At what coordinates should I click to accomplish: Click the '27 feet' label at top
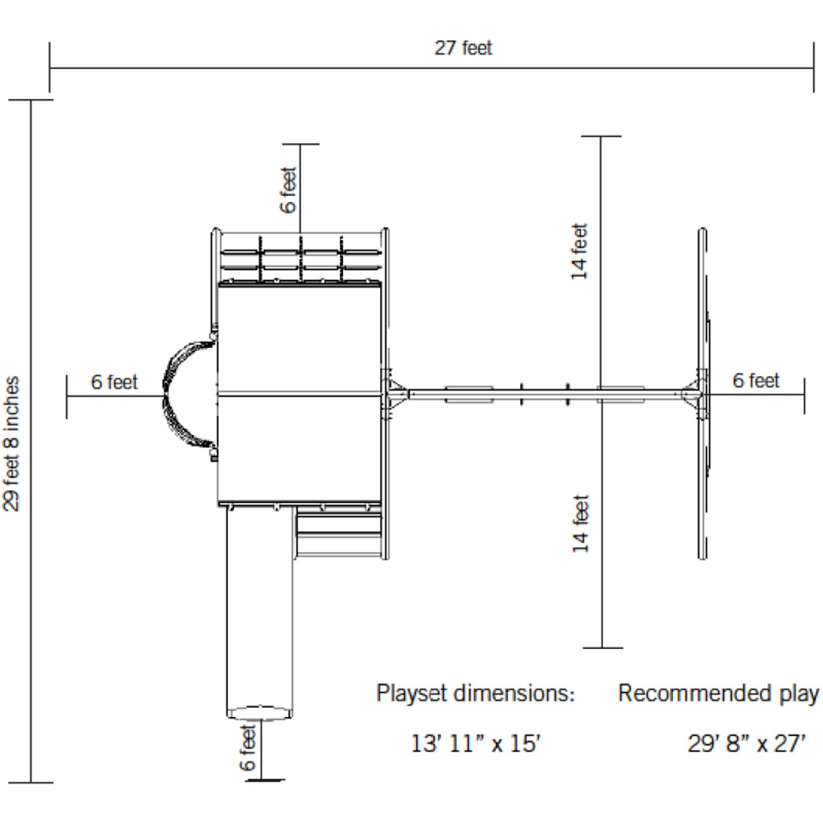(463, 48)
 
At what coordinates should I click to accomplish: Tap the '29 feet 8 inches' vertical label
(12, 444)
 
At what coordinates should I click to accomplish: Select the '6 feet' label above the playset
(288, 190)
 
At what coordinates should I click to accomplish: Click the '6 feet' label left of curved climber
(114, 382)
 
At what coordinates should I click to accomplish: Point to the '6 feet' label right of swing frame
(756, 380)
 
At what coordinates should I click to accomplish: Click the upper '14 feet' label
(579, 252)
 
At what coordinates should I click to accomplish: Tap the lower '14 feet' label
(580, 523)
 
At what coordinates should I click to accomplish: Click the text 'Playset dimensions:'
(475, 693)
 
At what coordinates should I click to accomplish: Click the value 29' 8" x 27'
(746, 744)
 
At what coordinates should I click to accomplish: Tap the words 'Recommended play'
(718, 693)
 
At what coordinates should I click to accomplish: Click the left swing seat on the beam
(469, 395)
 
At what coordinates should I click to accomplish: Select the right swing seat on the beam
(620, 395)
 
